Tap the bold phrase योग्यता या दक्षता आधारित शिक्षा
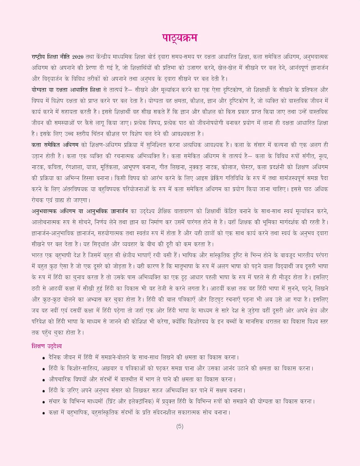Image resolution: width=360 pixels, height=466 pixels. pos(66,90)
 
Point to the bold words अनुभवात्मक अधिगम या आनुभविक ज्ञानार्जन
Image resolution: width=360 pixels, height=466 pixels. pos(80,211)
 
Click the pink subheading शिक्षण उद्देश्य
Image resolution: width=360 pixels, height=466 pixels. pos(47,346)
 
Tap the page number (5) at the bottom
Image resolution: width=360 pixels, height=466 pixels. pos(180,427)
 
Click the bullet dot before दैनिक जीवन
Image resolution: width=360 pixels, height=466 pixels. pos(44,358)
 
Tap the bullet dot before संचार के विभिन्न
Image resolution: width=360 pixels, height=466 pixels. pos(44,402)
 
